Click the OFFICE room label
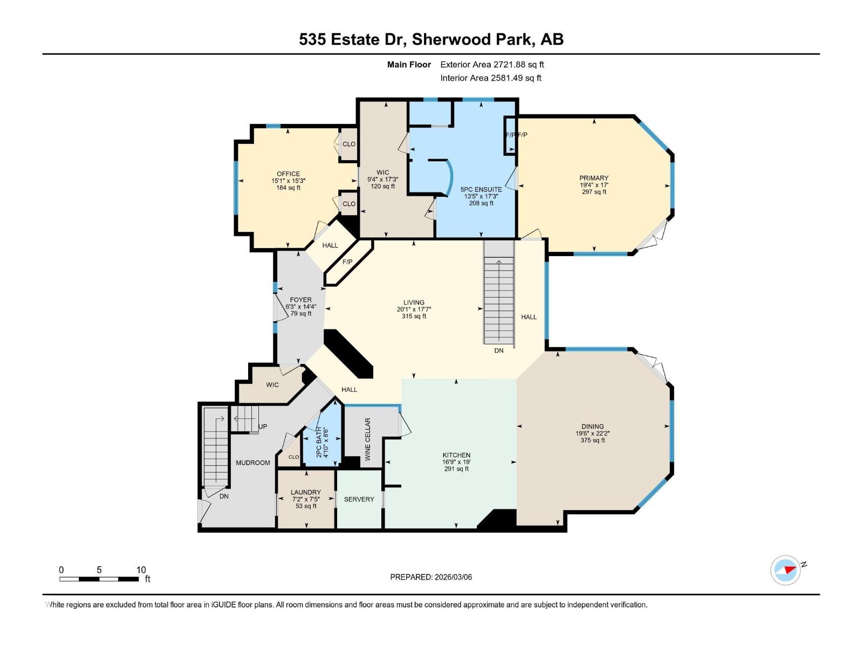(289, 174)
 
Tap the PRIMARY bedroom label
(594, 178)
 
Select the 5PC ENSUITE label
(481, 189)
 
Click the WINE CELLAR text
(368, 439)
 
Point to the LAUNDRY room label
(306, 492)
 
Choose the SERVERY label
(359, 499)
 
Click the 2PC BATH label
(319, 442)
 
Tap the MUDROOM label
(253, 463)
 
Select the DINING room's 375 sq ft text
(592, 440)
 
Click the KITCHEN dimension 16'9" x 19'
(456, 462)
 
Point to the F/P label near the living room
(347, 262)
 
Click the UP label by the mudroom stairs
(263, 426)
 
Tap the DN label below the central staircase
(499, 350)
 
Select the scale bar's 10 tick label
(141, 570)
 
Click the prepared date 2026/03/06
(453, 577)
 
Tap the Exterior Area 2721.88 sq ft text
(492, 65)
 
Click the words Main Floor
(409, 65)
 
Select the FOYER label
(300, 300)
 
